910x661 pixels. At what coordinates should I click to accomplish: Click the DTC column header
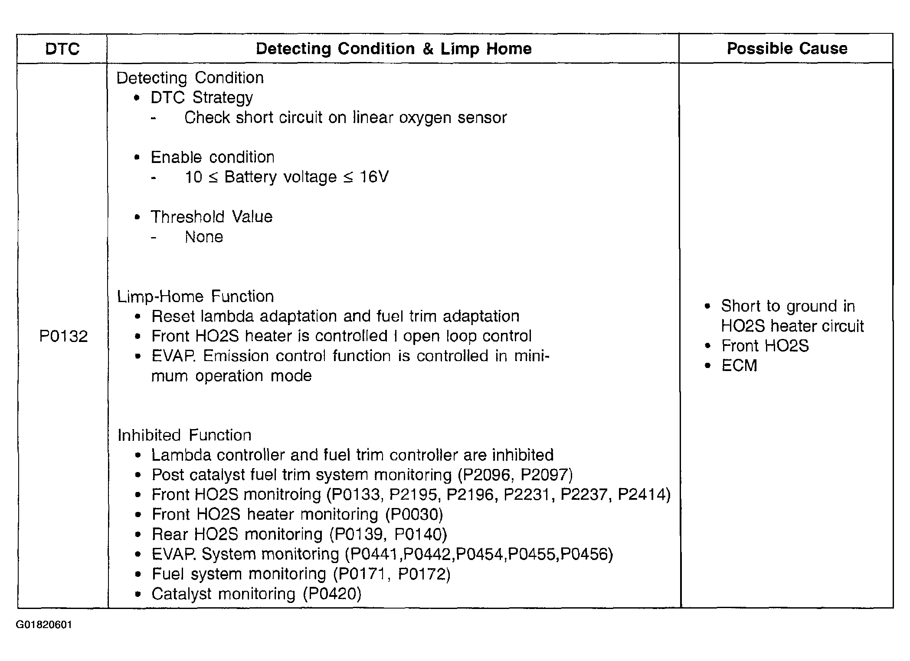(62, 49)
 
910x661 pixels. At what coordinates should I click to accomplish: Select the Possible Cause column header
(787, 48)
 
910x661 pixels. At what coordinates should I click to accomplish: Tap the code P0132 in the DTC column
(63, 336)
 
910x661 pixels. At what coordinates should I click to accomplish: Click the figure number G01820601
(44, 625)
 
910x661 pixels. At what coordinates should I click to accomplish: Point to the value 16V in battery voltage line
(374, 177)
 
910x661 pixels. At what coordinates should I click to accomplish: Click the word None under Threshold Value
(204, 237)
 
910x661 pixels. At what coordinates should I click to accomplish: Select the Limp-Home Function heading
(196, 296)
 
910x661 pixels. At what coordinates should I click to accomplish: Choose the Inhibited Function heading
(184, 435)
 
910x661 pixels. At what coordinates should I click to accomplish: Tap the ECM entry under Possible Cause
(739, 365)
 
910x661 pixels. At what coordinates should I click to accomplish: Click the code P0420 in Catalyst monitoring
(331, 594)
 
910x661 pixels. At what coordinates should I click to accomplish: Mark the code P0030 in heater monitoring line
(414, 514)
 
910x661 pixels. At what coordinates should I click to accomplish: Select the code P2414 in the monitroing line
(641, 495)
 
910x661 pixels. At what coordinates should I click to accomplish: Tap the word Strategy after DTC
(223, 98)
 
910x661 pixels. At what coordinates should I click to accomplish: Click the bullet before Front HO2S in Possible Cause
(708, 346)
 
